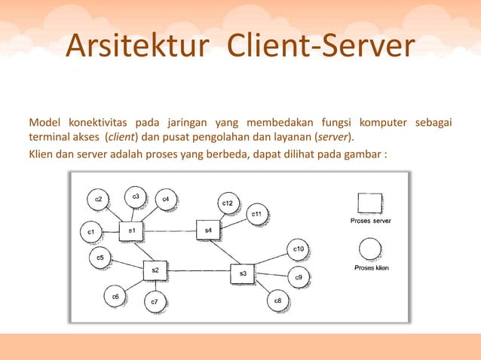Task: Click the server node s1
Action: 132,231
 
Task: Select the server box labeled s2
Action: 155,271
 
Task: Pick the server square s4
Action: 208,230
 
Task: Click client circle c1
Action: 90,232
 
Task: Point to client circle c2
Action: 98,200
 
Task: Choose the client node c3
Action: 136,197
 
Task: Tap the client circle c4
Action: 165,200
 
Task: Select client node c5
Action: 100,258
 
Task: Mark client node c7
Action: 155,302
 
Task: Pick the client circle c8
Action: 278,302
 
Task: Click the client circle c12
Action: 228,204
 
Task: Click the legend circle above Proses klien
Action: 369,249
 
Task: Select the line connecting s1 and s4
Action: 170,230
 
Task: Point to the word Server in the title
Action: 366,46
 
